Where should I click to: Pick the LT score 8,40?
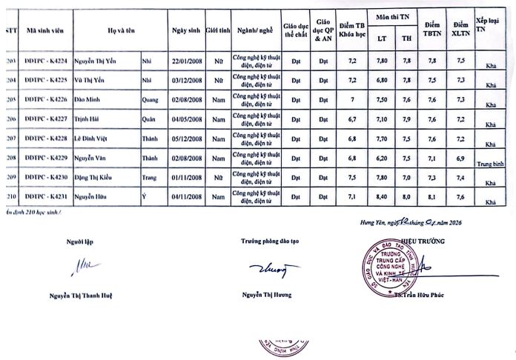(382, 197)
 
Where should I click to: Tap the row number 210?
(8, 197)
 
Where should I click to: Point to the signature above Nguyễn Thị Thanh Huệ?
(81, 266)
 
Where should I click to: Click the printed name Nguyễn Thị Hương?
(266, 294)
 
